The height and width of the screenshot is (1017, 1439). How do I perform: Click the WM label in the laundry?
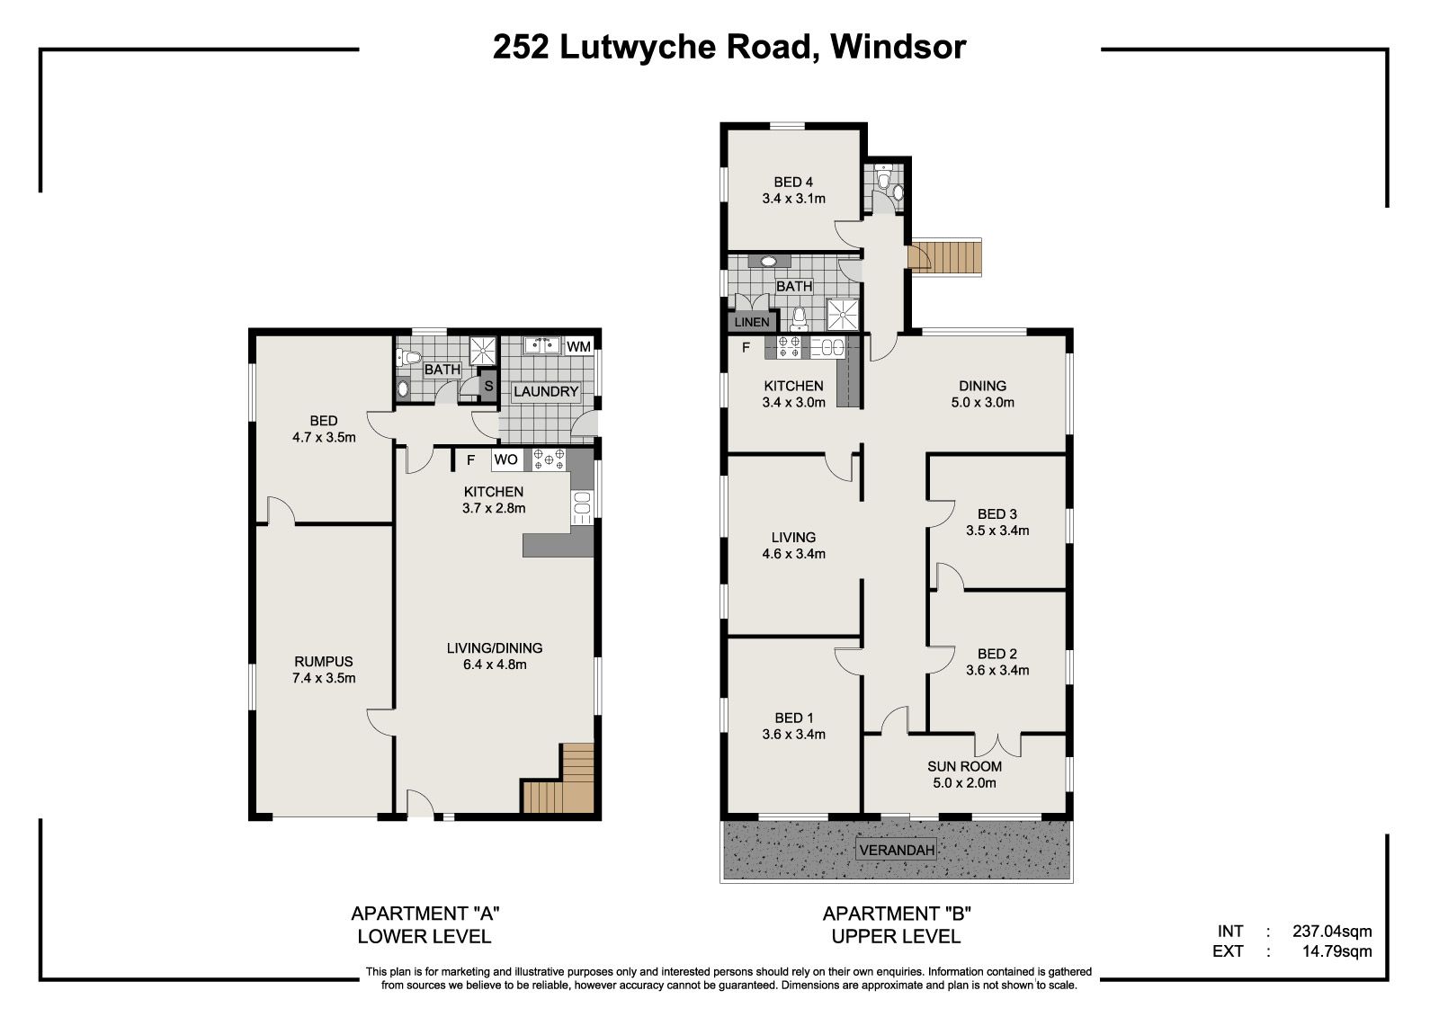point(578,346)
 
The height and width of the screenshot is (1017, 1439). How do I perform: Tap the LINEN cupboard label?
point(751,322)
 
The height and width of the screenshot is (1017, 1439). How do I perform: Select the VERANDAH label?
point(897,850)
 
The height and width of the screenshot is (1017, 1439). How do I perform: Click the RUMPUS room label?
point(324,661)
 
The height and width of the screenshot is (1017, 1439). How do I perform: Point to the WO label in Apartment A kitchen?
point(505,459)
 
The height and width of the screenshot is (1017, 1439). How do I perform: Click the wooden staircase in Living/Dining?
point(559,779)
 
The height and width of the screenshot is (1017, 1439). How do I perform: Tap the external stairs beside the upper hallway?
point(945,256)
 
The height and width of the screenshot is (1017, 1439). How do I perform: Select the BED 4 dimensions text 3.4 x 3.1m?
point(793,199)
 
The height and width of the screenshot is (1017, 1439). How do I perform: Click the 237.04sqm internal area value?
point(1332,931)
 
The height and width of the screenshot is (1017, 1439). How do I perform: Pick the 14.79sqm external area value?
point(1336,950)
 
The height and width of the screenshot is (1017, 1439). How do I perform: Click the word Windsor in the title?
point(898,46)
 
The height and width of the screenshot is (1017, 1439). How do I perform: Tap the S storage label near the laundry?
point(488,386)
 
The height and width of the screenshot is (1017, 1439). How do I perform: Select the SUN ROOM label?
point(964,766)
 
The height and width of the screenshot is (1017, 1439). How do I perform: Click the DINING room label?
point(982,386)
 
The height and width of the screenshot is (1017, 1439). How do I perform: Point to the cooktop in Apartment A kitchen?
point(549,459)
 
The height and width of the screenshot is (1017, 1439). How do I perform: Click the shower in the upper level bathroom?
point(842,314)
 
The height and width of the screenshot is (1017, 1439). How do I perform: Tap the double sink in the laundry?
point(543,345)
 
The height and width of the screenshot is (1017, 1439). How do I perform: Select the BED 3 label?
point(997,514)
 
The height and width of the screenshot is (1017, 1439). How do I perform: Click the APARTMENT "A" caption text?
point(425,913)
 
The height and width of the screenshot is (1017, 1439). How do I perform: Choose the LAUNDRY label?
point(546,391)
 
